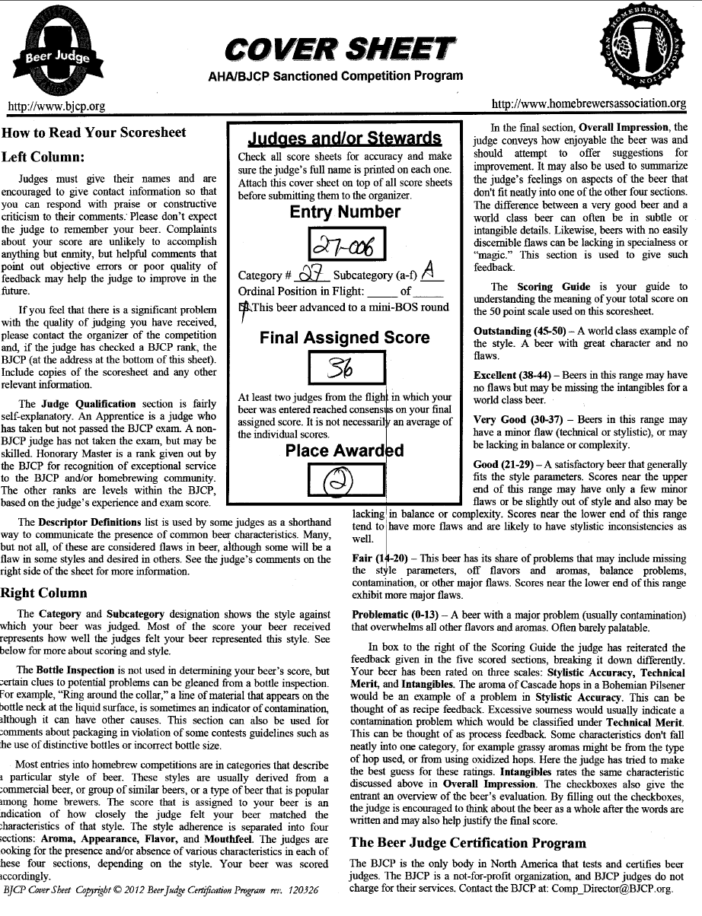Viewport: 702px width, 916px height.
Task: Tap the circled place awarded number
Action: coord(337,479)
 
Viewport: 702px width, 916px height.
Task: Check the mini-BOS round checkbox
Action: coord(243,307)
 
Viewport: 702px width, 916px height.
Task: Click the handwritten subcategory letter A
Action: coord(429,273)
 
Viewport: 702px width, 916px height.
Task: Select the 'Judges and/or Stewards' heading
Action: coord(344,138)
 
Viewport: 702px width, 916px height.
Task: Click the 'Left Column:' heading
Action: coord(47,157)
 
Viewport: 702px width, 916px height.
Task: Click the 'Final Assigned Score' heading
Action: coord(344,337)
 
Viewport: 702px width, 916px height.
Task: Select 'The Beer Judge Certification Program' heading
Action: coord(467,843)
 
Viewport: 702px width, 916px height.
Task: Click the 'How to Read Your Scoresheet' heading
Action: coord(94,132)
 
